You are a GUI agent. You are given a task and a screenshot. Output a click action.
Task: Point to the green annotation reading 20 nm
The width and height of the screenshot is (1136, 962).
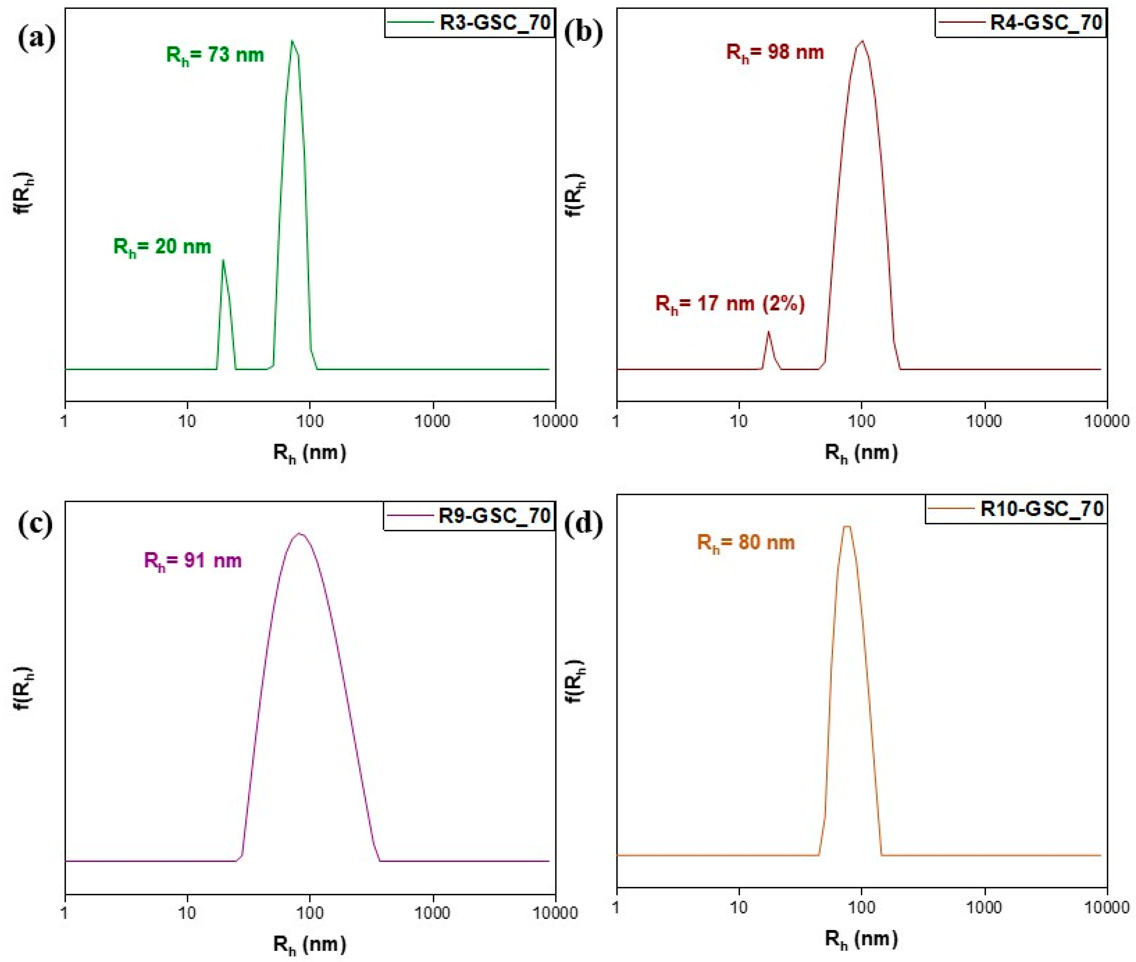point(162,247)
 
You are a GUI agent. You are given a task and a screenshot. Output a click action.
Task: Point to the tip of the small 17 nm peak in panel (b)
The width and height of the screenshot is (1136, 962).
point(769,331)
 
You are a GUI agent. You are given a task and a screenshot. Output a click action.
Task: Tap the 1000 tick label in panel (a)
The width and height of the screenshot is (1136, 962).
point(433,421)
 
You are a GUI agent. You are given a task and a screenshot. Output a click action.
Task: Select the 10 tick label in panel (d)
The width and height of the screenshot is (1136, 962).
point(739,908)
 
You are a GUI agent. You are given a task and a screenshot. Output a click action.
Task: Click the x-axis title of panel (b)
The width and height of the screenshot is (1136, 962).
point(861,453)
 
